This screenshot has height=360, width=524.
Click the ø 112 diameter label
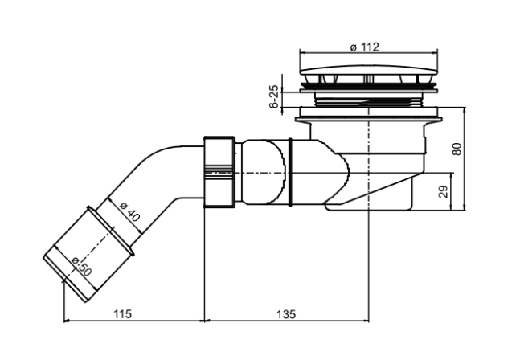[x=365, y=47]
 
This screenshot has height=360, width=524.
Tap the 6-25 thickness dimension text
[x=274, y=96]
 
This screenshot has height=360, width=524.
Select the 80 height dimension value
[x=456, y=149]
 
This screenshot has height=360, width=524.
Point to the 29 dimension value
[x=443, y=191]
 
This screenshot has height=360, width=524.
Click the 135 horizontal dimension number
[x=286, y=314]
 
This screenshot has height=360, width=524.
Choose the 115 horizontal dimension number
[x=123, y=314]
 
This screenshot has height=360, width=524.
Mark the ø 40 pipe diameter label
[x=129, y=212]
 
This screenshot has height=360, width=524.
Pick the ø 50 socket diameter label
[x=81, y=266]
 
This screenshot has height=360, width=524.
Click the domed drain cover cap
[x=369, y=70]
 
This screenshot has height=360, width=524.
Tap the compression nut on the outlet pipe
[x=219, y=172]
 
